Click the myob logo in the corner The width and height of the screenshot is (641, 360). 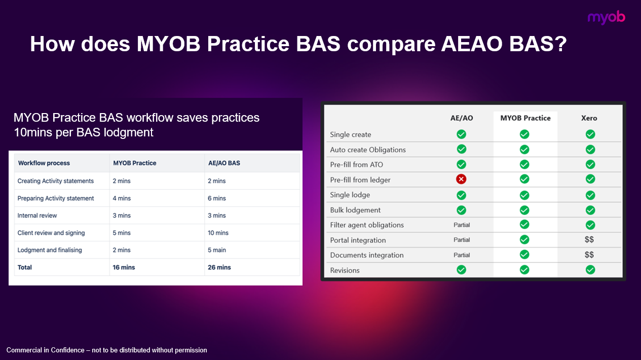coord(606,17)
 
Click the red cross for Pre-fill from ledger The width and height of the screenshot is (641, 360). coord(461,179)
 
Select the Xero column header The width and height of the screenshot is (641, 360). coord(589,118)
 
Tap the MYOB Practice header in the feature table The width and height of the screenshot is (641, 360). coord(525,118)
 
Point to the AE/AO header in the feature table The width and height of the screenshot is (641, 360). coord(461,118)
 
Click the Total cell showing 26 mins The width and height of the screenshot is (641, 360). coord(219,267)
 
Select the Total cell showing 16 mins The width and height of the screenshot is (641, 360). coord(124,267)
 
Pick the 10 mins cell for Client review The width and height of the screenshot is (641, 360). coord(218,233)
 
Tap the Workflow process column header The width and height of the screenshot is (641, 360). coord(44,163)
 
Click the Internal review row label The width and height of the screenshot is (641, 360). coord(37,215)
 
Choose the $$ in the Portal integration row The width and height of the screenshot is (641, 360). coord(589,240)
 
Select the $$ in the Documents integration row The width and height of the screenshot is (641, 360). coord(589,255)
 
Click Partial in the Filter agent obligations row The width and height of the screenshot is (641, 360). coord(461,225)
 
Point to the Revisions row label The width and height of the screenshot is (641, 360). coord(345,270)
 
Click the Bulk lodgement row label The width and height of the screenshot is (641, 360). coord(355,210)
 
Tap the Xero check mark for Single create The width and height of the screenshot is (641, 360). coord(590,134)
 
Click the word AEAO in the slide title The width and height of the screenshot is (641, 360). coord(473,45)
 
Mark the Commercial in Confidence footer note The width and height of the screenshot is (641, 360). coord(106,350)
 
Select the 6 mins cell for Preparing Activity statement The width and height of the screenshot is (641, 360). coord(217,198)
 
